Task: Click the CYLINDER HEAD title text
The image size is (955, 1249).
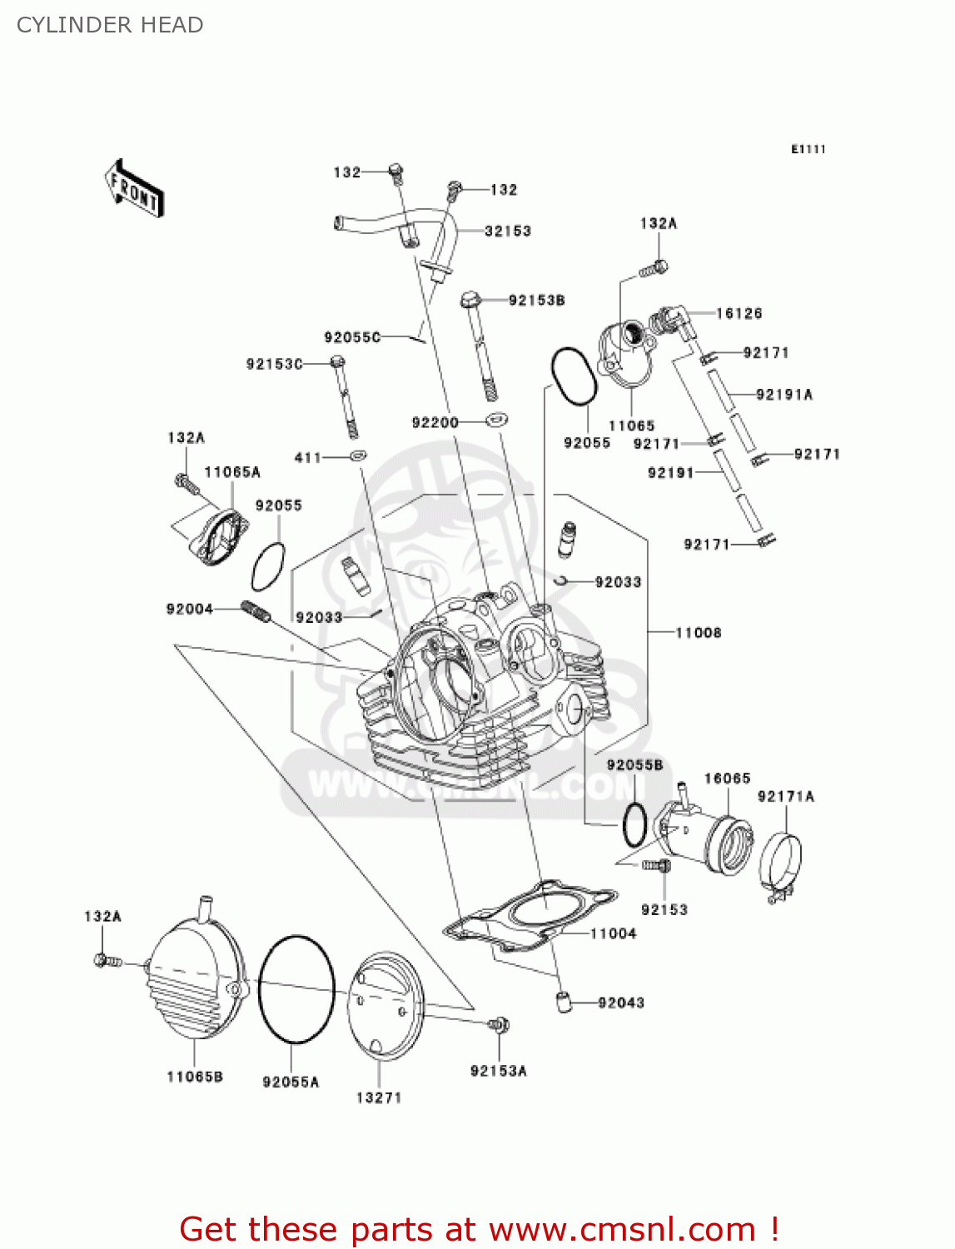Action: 110,25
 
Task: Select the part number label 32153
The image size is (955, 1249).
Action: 508,231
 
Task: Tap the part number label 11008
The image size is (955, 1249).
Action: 698,633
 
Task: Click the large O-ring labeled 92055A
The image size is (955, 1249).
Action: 296,988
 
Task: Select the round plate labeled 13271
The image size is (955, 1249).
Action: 385,1006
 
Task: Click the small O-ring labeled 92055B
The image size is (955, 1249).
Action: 634,825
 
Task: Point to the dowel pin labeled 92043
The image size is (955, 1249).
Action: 565,1001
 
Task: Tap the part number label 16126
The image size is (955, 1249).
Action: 739,313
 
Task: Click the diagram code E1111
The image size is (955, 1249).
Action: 808,149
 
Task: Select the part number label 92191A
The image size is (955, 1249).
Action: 783,395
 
